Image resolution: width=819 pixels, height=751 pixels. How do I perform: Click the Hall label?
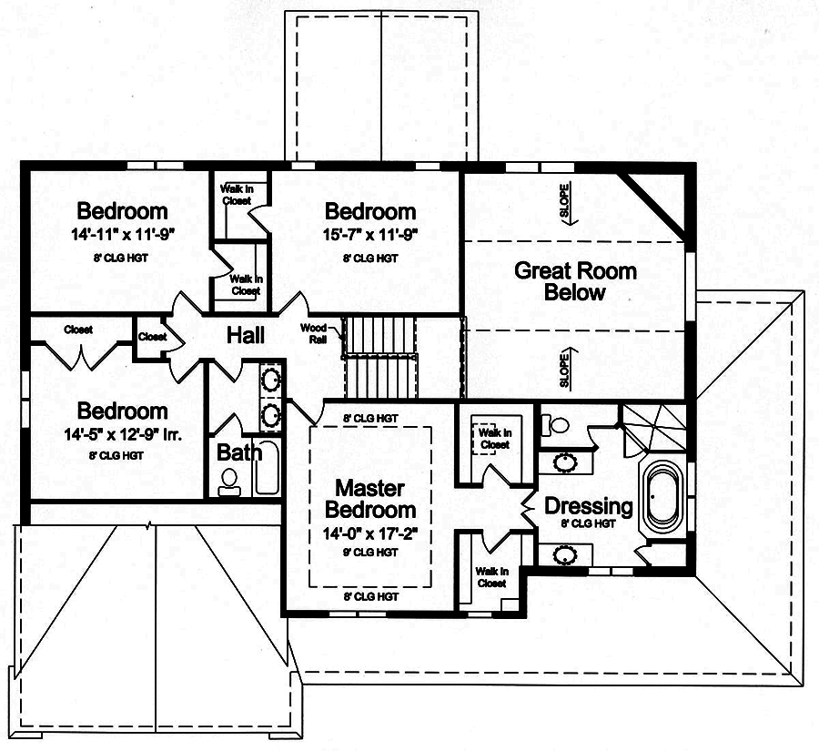246,336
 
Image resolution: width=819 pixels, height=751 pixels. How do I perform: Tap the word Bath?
239,452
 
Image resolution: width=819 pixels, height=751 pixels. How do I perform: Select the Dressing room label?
588,506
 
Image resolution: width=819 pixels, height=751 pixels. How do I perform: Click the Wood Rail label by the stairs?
315,331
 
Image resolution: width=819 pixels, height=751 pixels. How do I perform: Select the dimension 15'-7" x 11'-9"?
370,234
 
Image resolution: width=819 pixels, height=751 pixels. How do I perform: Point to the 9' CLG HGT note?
370,552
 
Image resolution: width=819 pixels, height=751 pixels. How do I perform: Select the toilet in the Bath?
229,481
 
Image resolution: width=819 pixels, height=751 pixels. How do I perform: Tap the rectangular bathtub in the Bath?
267,468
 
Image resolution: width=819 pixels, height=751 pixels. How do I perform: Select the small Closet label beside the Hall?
152,337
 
